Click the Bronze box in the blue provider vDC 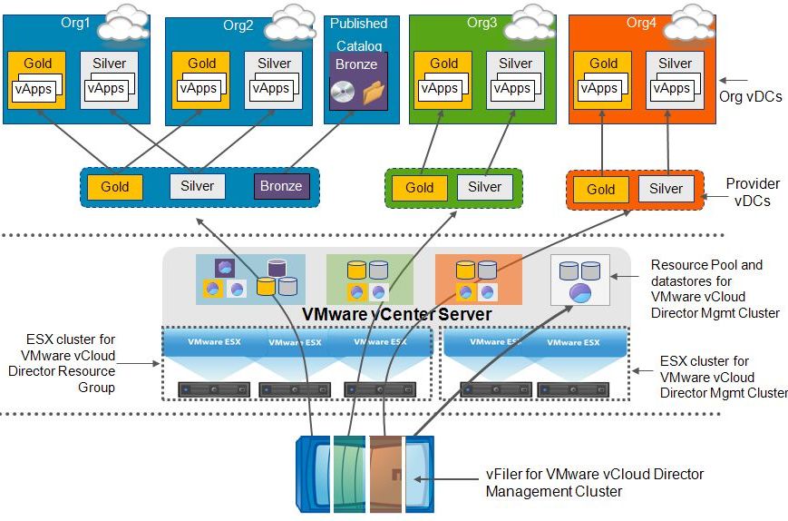point(281,186)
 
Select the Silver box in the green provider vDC point(484,187)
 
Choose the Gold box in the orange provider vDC point(600,189)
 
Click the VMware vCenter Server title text point(396,314)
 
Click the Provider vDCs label point(752,192)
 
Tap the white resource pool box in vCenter point(579,280)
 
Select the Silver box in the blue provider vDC point(197,186)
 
